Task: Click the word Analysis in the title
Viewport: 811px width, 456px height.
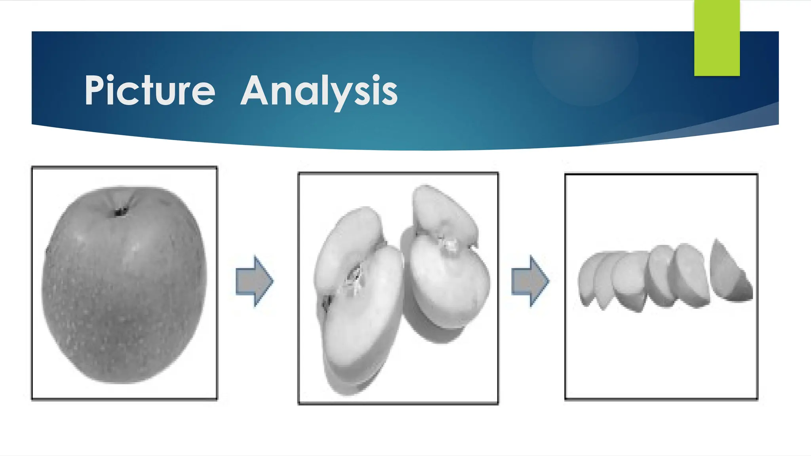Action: (x=319, y=91)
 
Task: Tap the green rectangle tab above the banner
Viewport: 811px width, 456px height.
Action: (x=717, y=38)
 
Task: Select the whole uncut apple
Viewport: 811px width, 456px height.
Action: (x=124, y=285)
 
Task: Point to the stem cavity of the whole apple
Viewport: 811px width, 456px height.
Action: (x=120, y=212)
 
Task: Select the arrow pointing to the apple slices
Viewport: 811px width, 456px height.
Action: (x=530, y=281)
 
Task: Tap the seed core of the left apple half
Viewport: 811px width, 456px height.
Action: (x=354, y=279)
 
